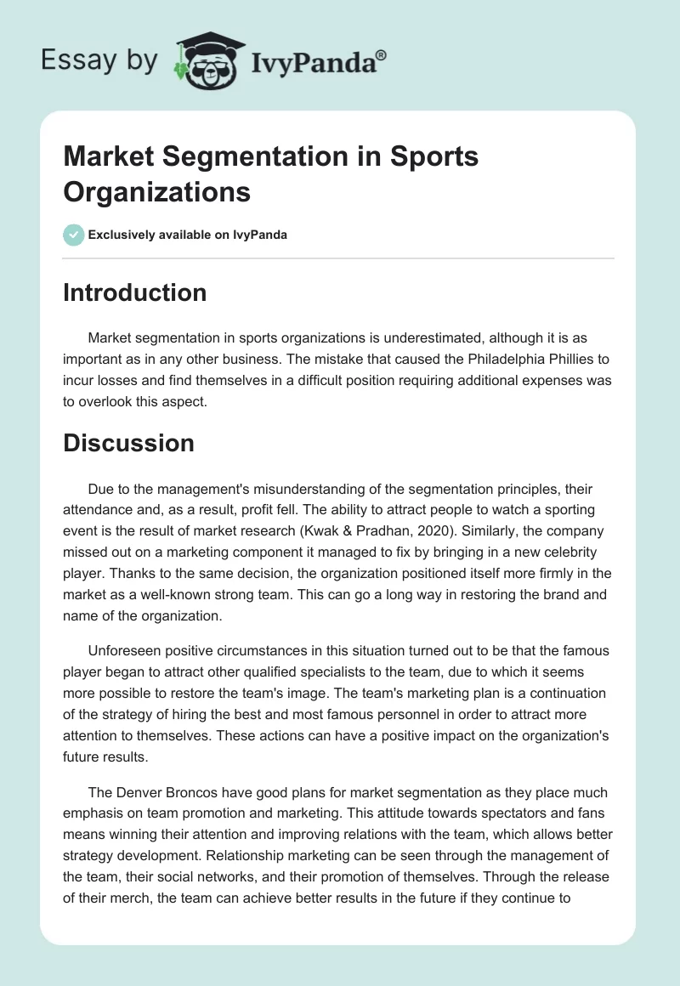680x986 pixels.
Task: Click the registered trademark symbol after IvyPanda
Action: pos(381,55)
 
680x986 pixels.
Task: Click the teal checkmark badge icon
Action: pos(74,235)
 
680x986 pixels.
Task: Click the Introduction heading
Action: pos(134,292)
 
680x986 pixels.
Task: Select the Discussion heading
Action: pos(128,443)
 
